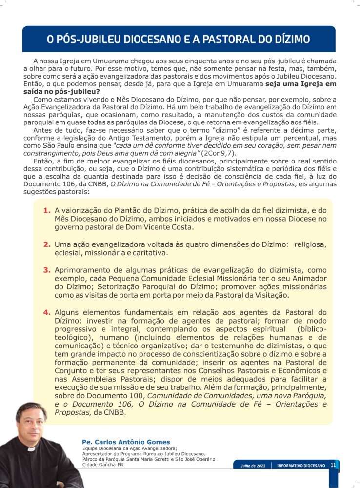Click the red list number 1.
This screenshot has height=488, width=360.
(x=47, y=210)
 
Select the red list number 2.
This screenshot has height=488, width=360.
(x=47, y=244)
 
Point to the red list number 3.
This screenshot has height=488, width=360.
(x=47, y=270)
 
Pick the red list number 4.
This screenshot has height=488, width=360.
(x=47, y=312)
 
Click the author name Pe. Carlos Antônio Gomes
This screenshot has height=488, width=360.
(x=126, y=442)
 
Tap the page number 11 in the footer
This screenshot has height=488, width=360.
(x=333, y=465)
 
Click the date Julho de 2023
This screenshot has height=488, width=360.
(x=253, y=466)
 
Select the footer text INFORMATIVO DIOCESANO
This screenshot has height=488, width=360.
(x=300, y=466)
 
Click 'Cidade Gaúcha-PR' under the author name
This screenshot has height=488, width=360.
(x=103, y=464)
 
